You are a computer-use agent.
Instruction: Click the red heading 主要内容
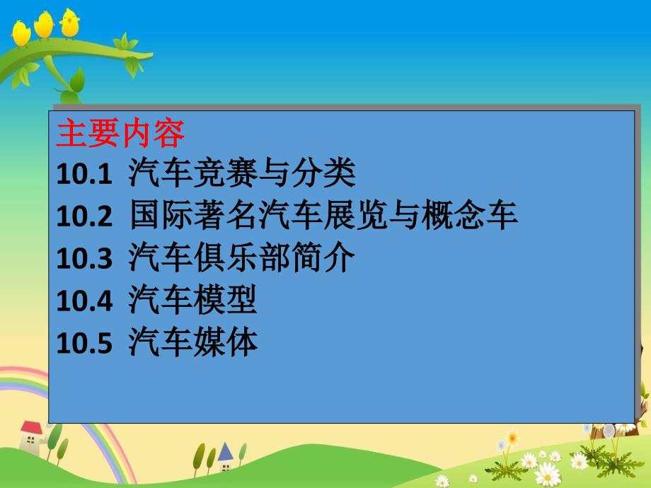[120, 132]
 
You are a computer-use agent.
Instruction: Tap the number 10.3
[84, 260]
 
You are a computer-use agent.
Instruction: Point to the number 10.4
[84, 302]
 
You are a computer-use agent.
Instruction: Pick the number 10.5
[84, 344]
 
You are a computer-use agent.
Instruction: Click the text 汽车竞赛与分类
[241, 173]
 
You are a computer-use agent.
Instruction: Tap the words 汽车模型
[192, 301]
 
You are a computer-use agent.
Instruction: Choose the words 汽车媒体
[192, 343]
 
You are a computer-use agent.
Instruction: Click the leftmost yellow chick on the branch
[21, 32]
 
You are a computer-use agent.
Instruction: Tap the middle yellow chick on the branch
[44, 25]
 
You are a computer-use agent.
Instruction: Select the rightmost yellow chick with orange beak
[69, 23]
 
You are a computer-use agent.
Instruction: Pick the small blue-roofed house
[225, 457]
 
